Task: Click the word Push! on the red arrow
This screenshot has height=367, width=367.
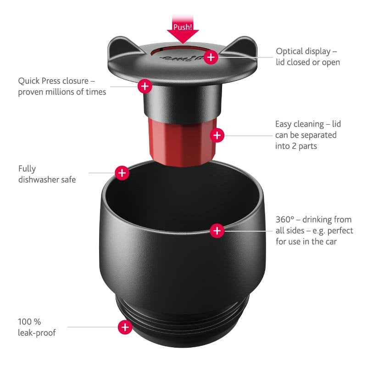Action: coord(183,27)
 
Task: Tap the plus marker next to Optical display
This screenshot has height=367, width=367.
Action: coord(211,57)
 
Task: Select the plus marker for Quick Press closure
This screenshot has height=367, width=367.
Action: coord(145,85)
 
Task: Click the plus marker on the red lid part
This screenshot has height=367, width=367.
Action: coord(217,135)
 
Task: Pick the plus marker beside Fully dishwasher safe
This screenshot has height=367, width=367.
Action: coord(122,173)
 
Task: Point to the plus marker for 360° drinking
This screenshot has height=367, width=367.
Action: coord(217,230)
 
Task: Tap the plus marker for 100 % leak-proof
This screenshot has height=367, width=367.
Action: coord(125,327)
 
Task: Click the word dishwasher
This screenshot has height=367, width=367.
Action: coord(41,179)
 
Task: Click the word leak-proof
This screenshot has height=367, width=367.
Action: coord(37,333)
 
